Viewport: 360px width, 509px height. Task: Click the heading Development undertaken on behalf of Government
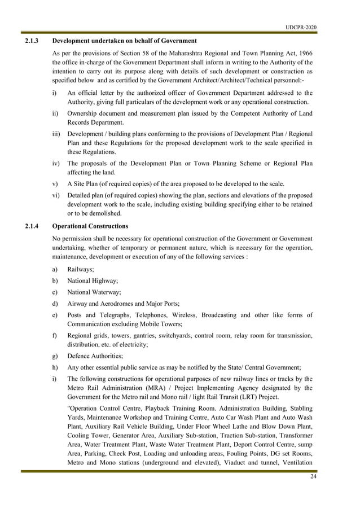point(124,41)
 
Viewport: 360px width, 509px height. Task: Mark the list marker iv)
point(56,164)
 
